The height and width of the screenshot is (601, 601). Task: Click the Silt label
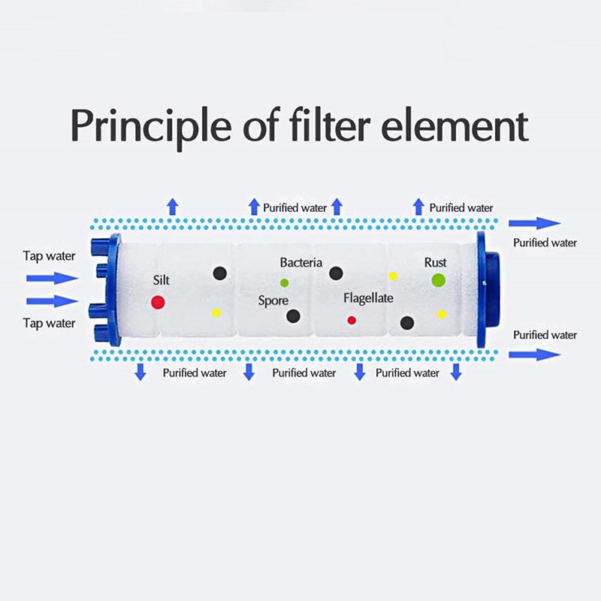pyautogui.click(x=161, y=280)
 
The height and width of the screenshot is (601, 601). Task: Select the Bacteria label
pyautogui.click(x=300, y=263)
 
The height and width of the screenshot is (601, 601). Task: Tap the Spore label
pyautogui.click(x=273, y=300)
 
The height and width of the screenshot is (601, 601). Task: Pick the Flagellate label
pyautogui.click(x=368, y=298)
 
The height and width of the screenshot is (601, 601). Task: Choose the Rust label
pyautogui.click(x=435, y=263)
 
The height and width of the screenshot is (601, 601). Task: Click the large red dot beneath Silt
pyautogui.click(x=158, y=302)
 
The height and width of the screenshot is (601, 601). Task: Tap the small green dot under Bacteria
pyautogui.click(x=284, y=282)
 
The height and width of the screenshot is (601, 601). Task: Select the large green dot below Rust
pyautogui.click(x=438, y=280)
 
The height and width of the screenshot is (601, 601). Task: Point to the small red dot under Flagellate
pyautogui.click(x=352, y=320)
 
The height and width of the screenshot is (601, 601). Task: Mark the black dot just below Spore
pyautogui.click(x=293, y=316)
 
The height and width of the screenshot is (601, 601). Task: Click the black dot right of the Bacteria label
pyautogui.click(x=336, y=273)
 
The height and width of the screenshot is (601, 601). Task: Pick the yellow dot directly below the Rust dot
pyautogui.click(x=442, y=314)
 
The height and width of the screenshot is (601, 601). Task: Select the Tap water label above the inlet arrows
pyautogui.click(x=49, y=256)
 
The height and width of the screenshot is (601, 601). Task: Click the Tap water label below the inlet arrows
pyautogui.click(x=49, y=323)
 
